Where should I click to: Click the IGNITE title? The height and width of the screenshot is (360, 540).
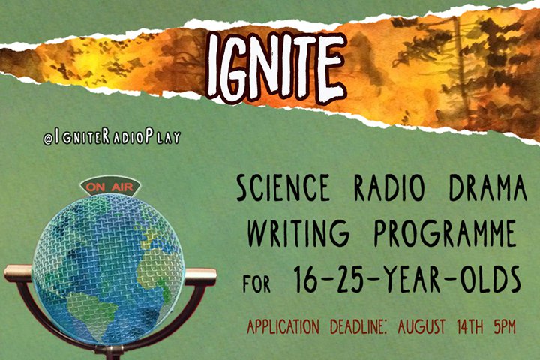click(276, 67)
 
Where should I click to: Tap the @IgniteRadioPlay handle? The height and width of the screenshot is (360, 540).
click(112, 137)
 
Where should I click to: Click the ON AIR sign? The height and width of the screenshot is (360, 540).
click(109, 187)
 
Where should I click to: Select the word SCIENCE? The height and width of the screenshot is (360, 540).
click(283, 187)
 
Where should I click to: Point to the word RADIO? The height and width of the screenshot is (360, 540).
click(389, 188)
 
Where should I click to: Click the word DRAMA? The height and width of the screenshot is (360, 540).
click(488, 188)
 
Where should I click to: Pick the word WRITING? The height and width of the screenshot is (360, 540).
click(298, 232)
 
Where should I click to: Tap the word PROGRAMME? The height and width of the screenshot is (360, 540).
click(445, 232)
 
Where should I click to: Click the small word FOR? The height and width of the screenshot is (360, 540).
click(256, 283)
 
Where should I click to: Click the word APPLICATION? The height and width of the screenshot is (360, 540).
click(283, 326)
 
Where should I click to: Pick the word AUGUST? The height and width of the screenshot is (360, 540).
click(421, 326)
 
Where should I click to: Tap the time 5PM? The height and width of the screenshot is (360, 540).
click(505, 326)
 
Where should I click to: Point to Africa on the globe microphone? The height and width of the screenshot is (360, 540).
click(157, 272)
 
